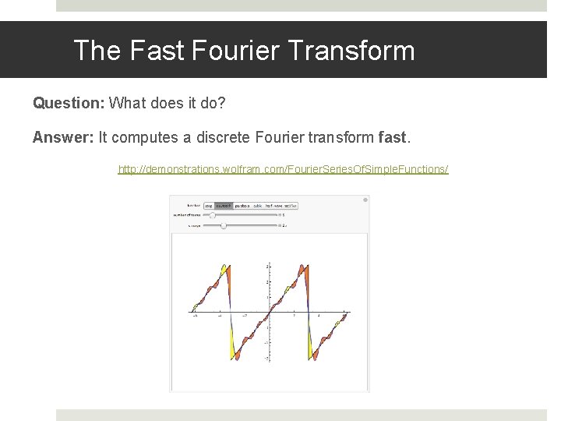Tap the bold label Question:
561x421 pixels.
tap(69, 103)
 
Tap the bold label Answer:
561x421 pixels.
tap(63, 137)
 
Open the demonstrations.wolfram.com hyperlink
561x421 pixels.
tap(283, 168)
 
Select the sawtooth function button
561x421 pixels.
tap(223, 206)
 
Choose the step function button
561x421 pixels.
tap(208, 206)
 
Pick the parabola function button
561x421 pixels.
tap(242, 206)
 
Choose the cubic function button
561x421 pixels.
tap(258, 206)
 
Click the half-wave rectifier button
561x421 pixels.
tap(281, 206)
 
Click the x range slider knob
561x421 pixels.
tap(224, 225)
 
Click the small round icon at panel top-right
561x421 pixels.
tap(365, 200)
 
